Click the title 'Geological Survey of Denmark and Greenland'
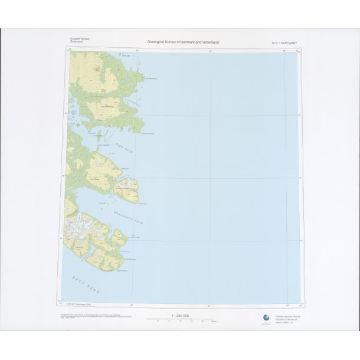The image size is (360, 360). (x=183, y=42)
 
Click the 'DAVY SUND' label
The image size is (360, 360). (x=86, y=286)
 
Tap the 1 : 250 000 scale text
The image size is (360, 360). (x=180, y=316)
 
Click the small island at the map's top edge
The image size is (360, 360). (x=122, y=54)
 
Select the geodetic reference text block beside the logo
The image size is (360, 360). (x=284, y=319)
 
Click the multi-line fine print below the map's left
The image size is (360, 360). (x=86, y=317)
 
